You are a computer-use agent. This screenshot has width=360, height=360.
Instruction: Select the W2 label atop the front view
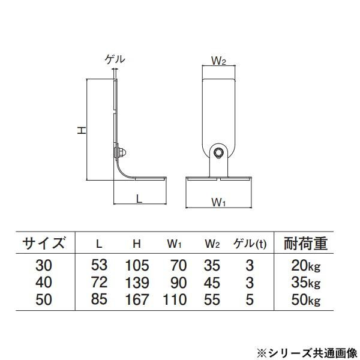218,61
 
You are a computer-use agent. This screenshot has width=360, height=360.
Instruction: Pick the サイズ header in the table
44,244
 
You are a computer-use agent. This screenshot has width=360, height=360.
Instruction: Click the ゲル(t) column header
249,244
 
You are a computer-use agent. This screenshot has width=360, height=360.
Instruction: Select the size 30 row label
44,265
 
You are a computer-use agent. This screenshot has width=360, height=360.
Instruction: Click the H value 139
137,281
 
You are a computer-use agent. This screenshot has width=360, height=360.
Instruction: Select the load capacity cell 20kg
305,265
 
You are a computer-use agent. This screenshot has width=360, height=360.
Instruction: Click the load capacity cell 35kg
305,281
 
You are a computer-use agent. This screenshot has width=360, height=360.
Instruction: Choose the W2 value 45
212,281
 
